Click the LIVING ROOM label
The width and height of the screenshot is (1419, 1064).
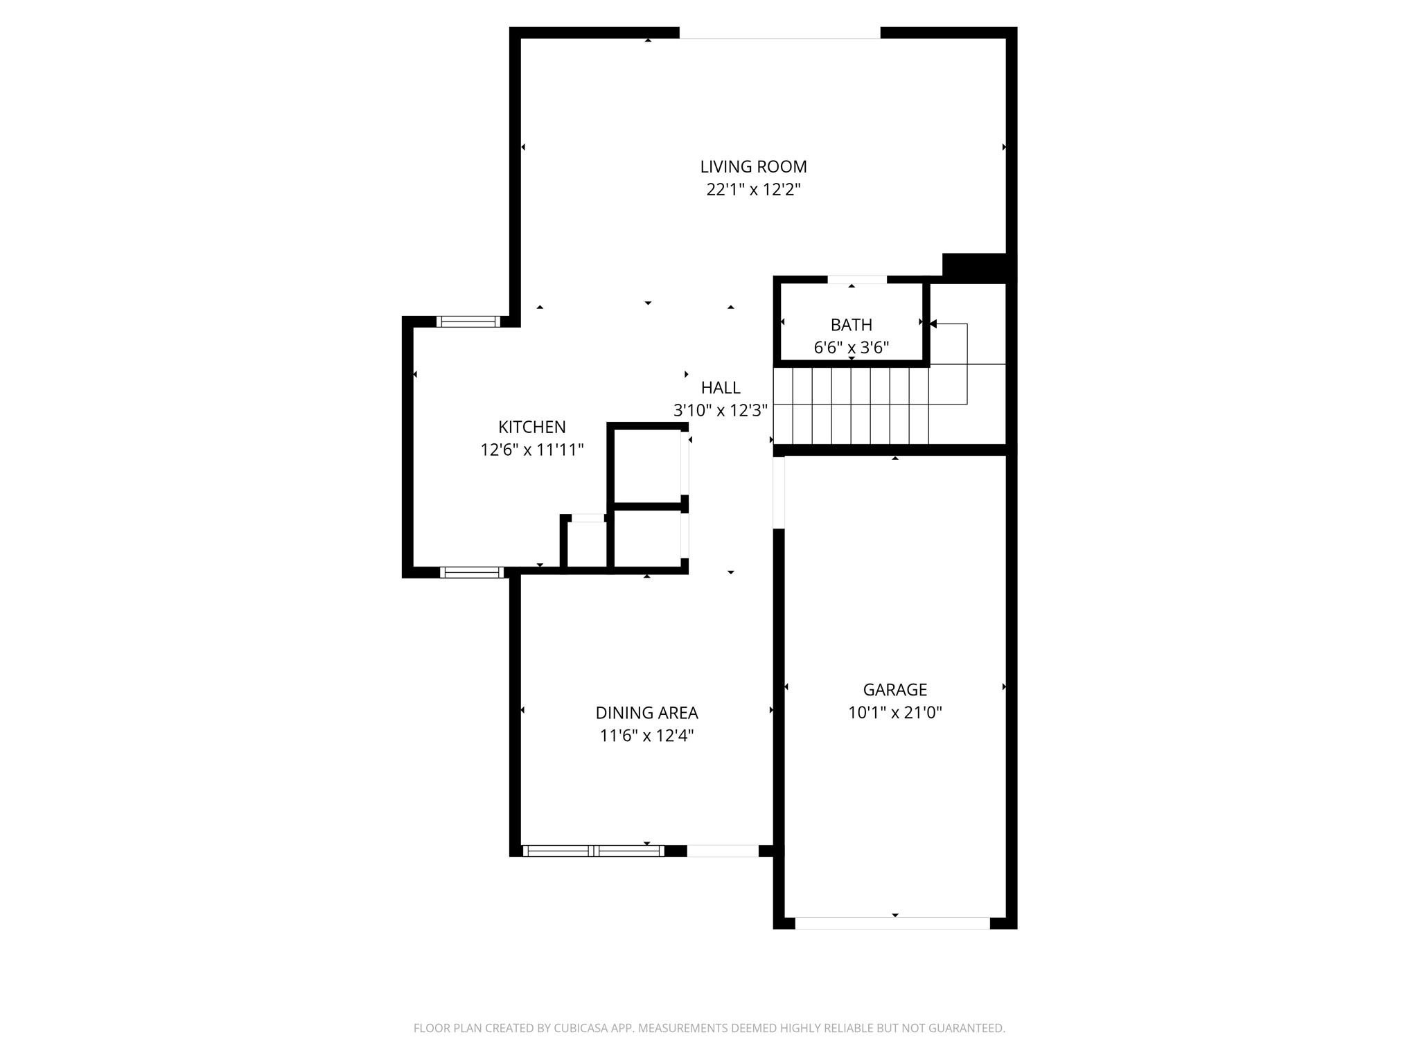(x=753, y=167)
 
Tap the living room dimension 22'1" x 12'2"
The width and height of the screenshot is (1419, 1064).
(x=753, y=190)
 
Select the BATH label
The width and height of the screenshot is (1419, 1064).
(x=851, y=325)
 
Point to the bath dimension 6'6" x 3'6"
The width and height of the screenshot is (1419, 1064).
(x=851, y=348)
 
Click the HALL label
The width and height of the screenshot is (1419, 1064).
(x=720, y=388)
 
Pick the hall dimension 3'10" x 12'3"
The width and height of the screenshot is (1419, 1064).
(x=720, y=411)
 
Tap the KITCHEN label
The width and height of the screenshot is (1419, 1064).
(x=531, y=427)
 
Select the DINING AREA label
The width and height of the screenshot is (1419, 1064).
(x=646, y=713)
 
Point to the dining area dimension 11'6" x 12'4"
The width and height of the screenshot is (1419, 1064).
(x=646, y=736)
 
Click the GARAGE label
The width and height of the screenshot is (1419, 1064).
(x=894, y=690)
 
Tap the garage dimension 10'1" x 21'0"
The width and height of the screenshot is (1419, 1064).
(x=894, y=713)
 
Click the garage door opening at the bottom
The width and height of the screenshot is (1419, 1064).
(x=892, y=923)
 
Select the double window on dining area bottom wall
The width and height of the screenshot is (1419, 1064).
(x=593, y=851)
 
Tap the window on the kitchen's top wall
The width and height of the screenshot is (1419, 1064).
(x=468, y=321)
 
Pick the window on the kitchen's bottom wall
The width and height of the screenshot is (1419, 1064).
(x=472, y=572)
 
